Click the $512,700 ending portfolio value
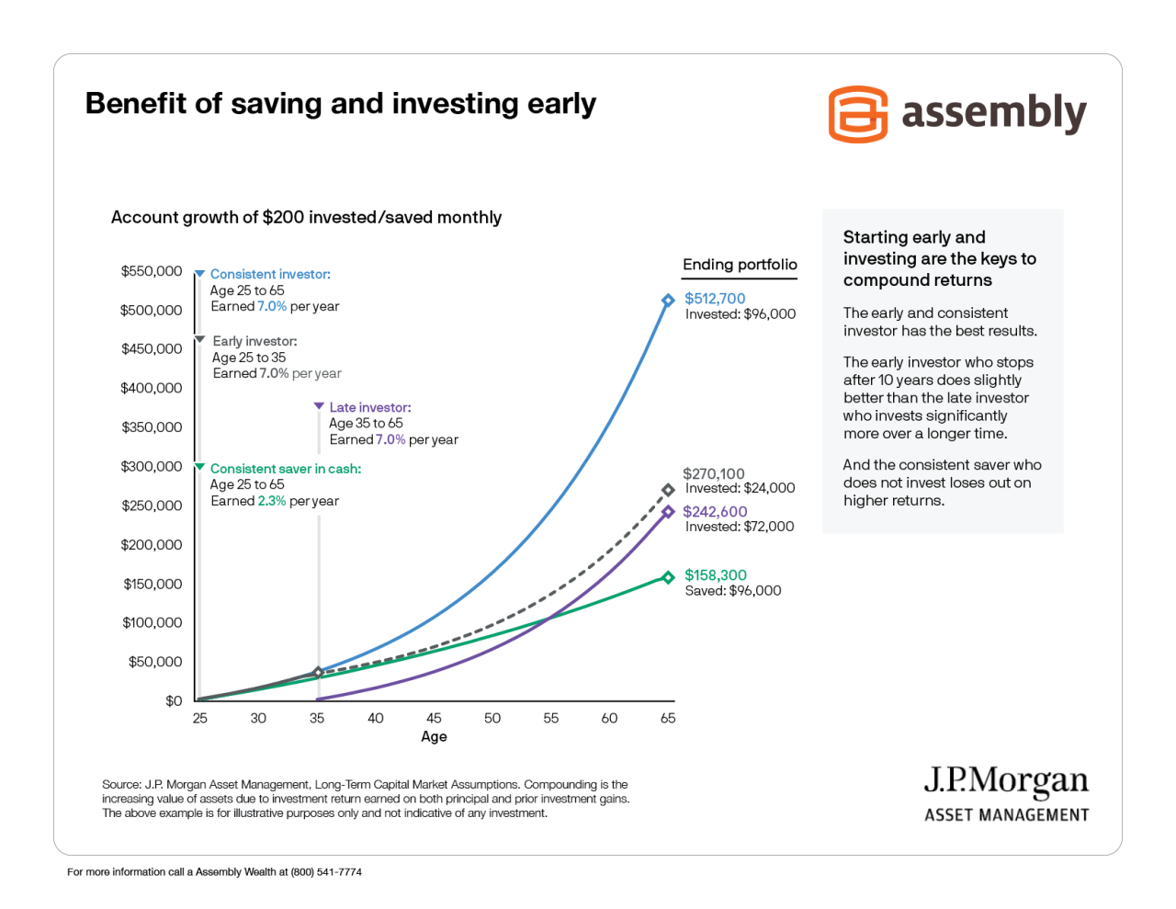coord(715,299)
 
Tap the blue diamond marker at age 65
coord(668,301)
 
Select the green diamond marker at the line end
coord(668,577)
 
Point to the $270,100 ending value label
coord(714,473)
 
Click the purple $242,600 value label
coord(715,512)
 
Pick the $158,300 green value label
coord(716,575)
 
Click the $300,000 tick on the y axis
coord(152,466)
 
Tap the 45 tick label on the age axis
coord(434,718)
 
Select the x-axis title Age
coord(434,736)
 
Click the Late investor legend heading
coord(370,407)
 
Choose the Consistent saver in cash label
coord(286,469)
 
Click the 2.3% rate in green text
coord(272,501)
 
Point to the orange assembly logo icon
coord(857,114)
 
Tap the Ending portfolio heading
coord(740,265)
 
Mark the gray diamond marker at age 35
coord(318,673)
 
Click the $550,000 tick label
coord(152,271)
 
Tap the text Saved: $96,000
coord(733,591)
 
